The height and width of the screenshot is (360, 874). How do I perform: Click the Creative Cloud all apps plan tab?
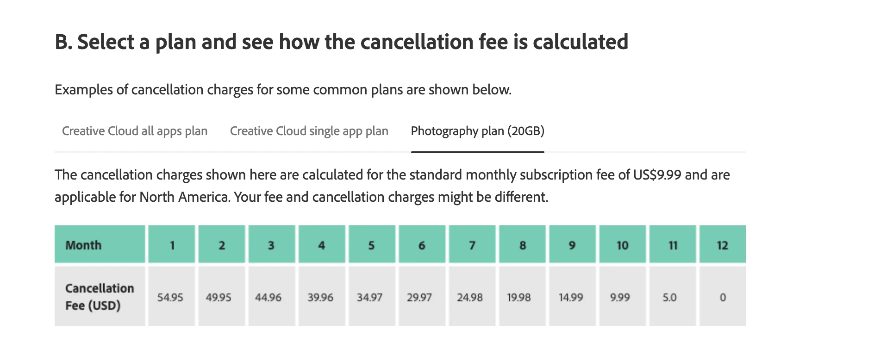tap(135, 131)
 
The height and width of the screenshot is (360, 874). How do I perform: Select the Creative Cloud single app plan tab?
tap(309, 131)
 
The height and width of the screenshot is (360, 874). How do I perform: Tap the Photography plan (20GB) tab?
tap(477, 131)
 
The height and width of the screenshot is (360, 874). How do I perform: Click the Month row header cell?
tap(100, 245)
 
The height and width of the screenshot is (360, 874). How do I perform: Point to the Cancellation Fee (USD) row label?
tap(100, 297)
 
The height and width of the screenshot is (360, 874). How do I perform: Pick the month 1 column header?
tap(172, 245)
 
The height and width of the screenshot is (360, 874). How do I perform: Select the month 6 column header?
tap(422, 245)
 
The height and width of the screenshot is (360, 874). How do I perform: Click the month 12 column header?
tap(722, 245)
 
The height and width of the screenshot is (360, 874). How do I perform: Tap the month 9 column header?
tap(572, 245)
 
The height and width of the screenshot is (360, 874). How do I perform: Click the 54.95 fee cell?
tap(170, 297)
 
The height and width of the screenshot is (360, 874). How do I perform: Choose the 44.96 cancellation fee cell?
tap(268, 297)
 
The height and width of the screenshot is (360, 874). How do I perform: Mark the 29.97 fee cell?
tap(419, 297)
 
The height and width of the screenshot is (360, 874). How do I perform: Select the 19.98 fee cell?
tap(519, 297)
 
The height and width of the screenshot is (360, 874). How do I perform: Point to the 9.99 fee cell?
tap(620, 297)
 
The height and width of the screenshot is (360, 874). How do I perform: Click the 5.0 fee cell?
tap(670, 297)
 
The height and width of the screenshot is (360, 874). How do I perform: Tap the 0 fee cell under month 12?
tap(723, 297)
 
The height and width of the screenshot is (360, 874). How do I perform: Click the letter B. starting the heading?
tap(63, 42)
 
